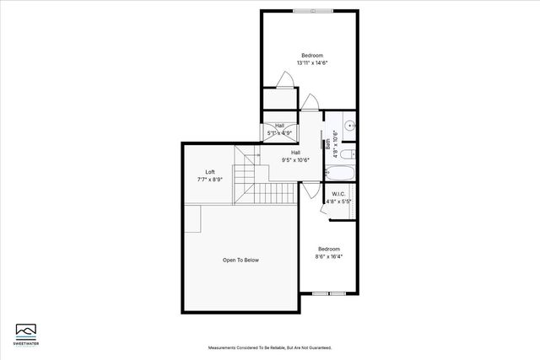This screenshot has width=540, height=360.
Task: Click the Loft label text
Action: pyautogui.click(x=210, y=172)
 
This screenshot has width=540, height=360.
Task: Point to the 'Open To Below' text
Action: pyautogui.click(x=240, y=261)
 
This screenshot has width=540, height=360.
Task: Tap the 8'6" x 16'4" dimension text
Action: pyautogui.click(x=329, y=256)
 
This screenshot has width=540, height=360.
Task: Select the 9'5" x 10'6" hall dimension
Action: pyautogui.click(x=295, y=160)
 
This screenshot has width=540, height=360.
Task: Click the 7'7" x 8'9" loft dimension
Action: pyautogui.click(x=210, y=179)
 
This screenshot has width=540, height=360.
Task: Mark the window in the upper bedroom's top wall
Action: pyautogui.click(x=312, y=11)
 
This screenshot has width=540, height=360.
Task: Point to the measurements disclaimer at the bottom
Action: pyautogui.click(x=270, y=347)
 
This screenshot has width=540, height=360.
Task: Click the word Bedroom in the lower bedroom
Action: pyautogui.click(x=329, y=249)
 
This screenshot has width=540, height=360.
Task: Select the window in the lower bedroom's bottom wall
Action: pyautogui.click(x=328, y=293)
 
